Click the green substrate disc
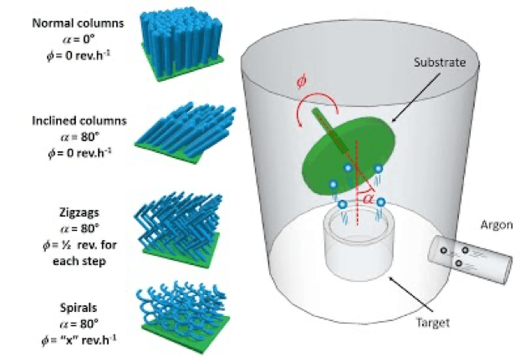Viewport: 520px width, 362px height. click(343, 155)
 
